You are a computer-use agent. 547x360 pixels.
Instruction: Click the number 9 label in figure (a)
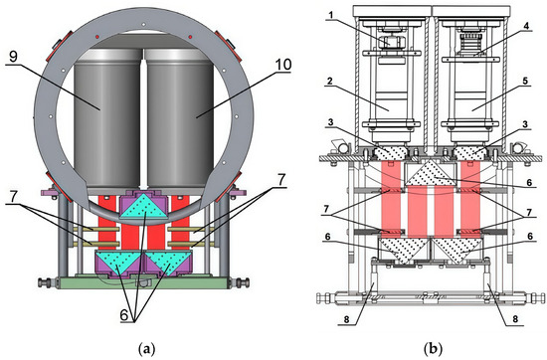click(x=13, y=56)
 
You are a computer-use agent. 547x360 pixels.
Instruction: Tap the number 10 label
click(x=283, y=65)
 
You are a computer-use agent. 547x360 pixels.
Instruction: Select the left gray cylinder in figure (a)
click(x=107, y=118)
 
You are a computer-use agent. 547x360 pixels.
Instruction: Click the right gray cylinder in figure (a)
click(x=180, y=118)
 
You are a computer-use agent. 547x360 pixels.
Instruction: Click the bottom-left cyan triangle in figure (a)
click(x=118, y=261)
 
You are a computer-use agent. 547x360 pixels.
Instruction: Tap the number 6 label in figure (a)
click(x=124, y=315)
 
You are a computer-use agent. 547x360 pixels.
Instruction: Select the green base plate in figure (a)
click(x=143, y=282)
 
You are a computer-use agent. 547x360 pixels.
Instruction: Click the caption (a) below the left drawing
click(x=146, y=348)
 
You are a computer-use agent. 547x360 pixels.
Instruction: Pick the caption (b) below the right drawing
click(x=433, y=348)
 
